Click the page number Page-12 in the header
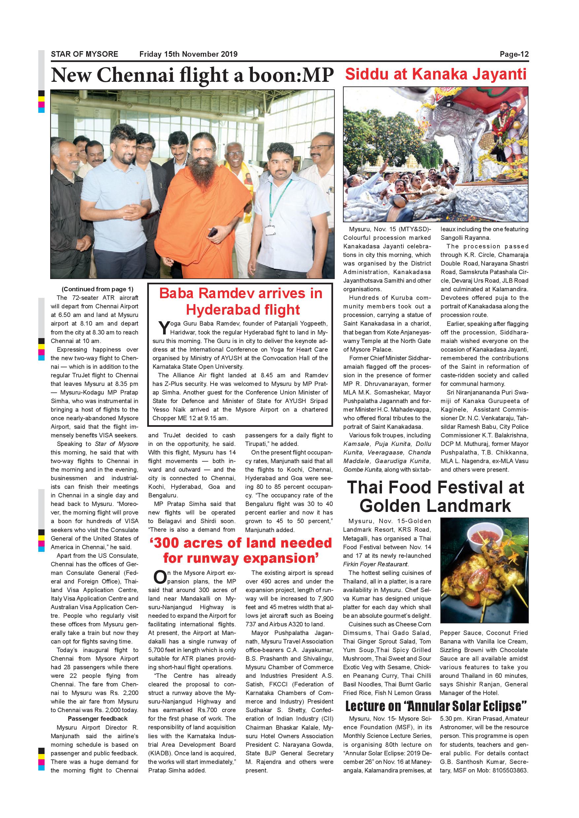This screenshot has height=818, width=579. [x=514, y=54]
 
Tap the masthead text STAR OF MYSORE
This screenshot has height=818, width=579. [x=85, y=54]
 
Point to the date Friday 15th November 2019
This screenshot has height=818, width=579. [x=188, y=54]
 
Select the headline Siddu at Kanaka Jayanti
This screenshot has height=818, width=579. [x=435, y=75]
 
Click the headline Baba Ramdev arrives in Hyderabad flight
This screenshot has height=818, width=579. [x=241, y=301]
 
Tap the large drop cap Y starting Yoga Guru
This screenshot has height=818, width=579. [x=164, y=328]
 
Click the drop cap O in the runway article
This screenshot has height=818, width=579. [x=159, y=577]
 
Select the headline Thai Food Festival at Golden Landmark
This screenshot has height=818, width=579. [x=435, y=496]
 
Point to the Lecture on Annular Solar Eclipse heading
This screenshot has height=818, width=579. [x=436, y=706]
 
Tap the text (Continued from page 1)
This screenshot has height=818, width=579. [x=97, y=289]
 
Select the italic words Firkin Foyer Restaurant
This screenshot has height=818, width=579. [x=375, y=564]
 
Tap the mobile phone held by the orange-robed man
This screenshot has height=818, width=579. [x=213, y=232]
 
